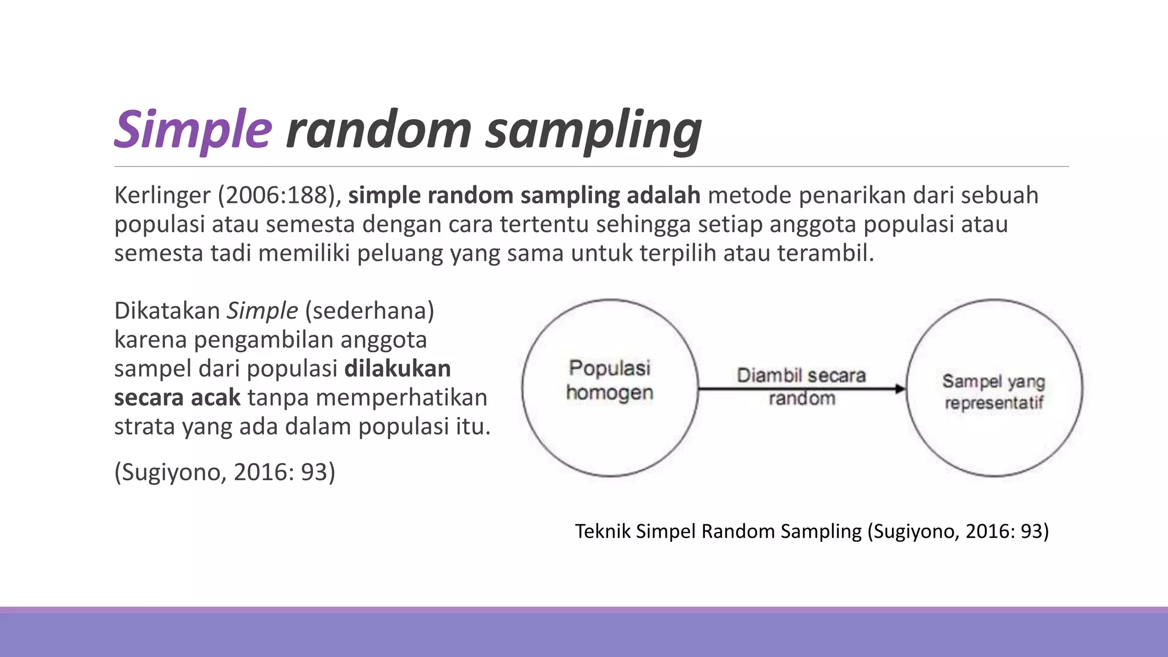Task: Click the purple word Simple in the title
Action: point(193,130)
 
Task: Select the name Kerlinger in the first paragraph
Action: point(163,196)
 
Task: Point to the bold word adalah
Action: point(663,196)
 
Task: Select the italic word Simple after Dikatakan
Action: point(262,311)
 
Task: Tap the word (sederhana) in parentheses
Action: point(370,311)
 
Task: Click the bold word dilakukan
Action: point(398,369)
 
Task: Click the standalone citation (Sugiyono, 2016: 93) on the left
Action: point(225,472)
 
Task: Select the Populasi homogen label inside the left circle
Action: point(610,380)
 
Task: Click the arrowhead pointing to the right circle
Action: point(900,389)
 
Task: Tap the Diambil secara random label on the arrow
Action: point(801,386)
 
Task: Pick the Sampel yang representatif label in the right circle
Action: point(993,392)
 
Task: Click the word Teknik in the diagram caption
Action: point(602,532)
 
